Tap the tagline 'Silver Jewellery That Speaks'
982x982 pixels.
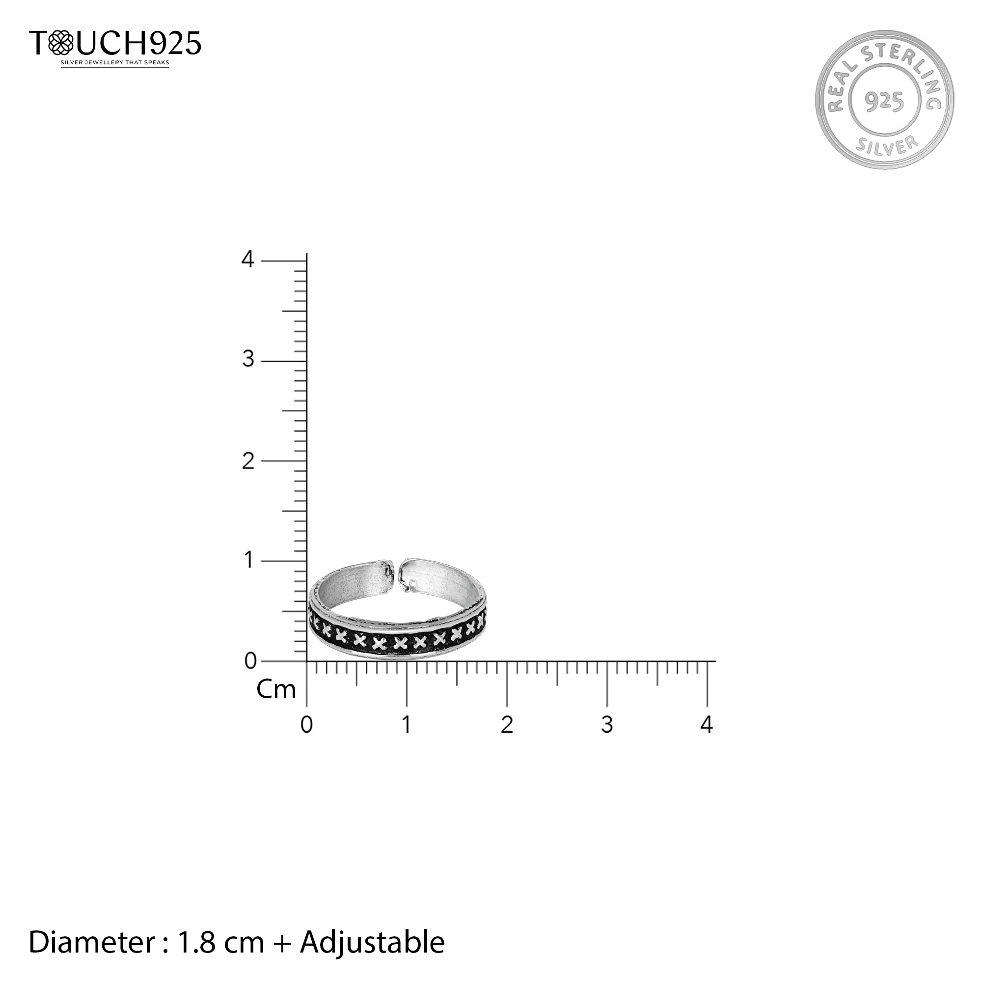coord(115,63)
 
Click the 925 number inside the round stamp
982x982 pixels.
coord(884,102)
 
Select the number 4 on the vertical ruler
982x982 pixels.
coord(247,260)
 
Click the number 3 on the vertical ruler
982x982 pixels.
coord(248,359)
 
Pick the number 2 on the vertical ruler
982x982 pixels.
coord(248,461)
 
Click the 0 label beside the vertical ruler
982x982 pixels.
coord(250,661)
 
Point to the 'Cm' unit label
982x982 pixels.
coord(276,690)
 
